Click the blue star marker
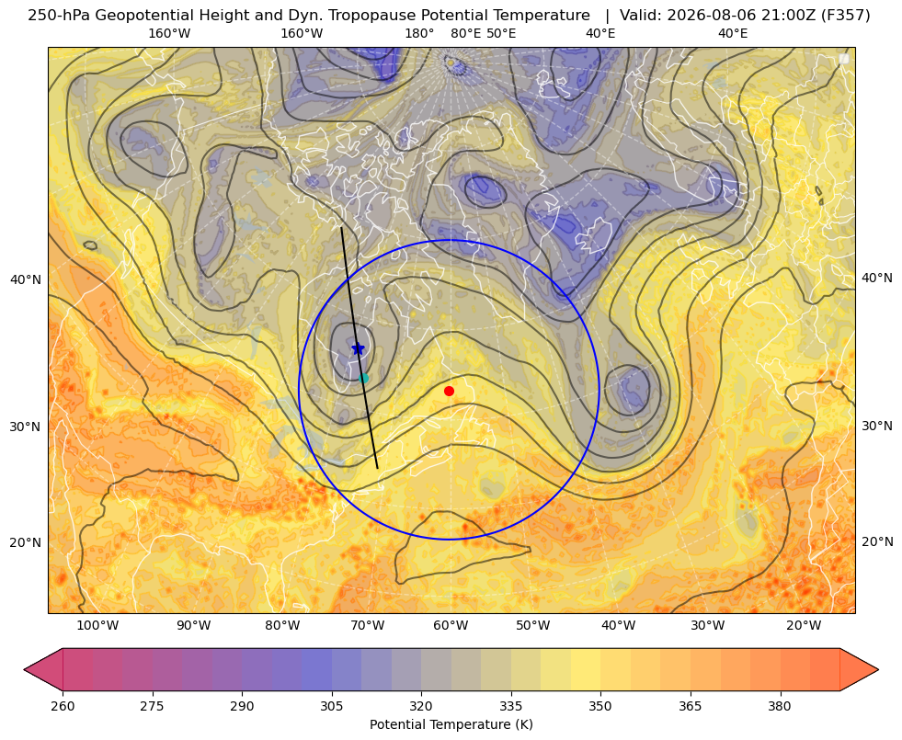pos(358,348)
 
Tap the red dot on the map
pos(450,391)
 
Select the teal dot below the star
pos(363,379)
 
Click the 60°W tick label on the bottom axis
pos(451,626)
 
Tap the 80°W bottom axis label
pos(282,626)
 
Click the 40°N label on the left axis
pos(26,279)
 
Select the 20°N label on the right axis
pos(877,541)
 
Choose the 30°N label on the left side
pos(26,427)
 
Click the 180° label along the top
pos(420,33)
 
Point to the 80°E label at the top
pos(466,33)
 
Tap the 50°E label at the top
pos(501,33)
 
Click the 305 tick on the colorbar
pos(331,706)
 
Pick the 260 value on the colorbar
pos(63,706)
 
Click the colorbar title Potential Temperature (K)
pos(451,724)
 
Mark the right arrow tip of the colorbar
pos(878,669)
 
